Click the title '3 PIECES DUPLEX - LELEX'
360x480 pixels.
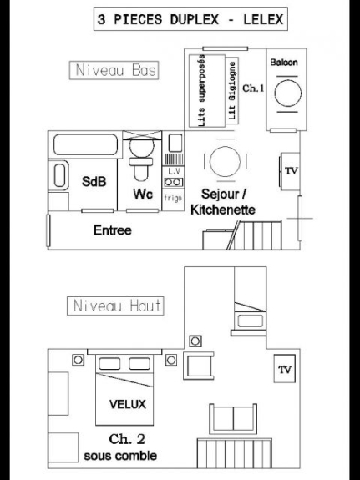pos(190,19)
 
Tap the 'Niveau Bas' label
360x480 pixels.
pos(115,70)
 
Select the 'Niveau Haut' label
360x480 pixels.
pos(117,306)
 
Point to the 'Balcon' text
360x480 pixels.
pos(284,63)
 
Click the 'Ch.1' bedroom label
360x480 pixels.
pos(253,88)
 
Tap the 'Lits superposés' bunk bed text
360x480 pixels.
pos(201,91)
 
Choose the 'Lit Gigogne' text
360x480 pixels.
pos(232,91)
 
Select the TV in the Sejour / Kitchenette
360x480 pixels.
pos(290,171)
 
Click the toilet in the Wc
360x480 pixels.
pos(141,159)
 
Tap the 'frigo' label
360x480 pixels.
pos(173,198)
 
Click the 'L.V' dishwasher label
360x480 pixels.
pos(174,171)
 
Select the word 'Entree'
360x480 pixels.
pos(113,230)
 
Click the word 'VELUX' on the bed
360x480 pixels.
pos(128,404)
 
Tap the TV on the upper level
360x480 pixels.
pos(285,369)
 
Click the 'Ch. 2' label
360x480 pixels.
pos(127,439)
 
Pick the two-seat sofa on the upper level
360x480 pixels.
pos(233,419)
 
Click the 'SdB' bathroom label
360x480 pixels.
pos(94,181)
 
